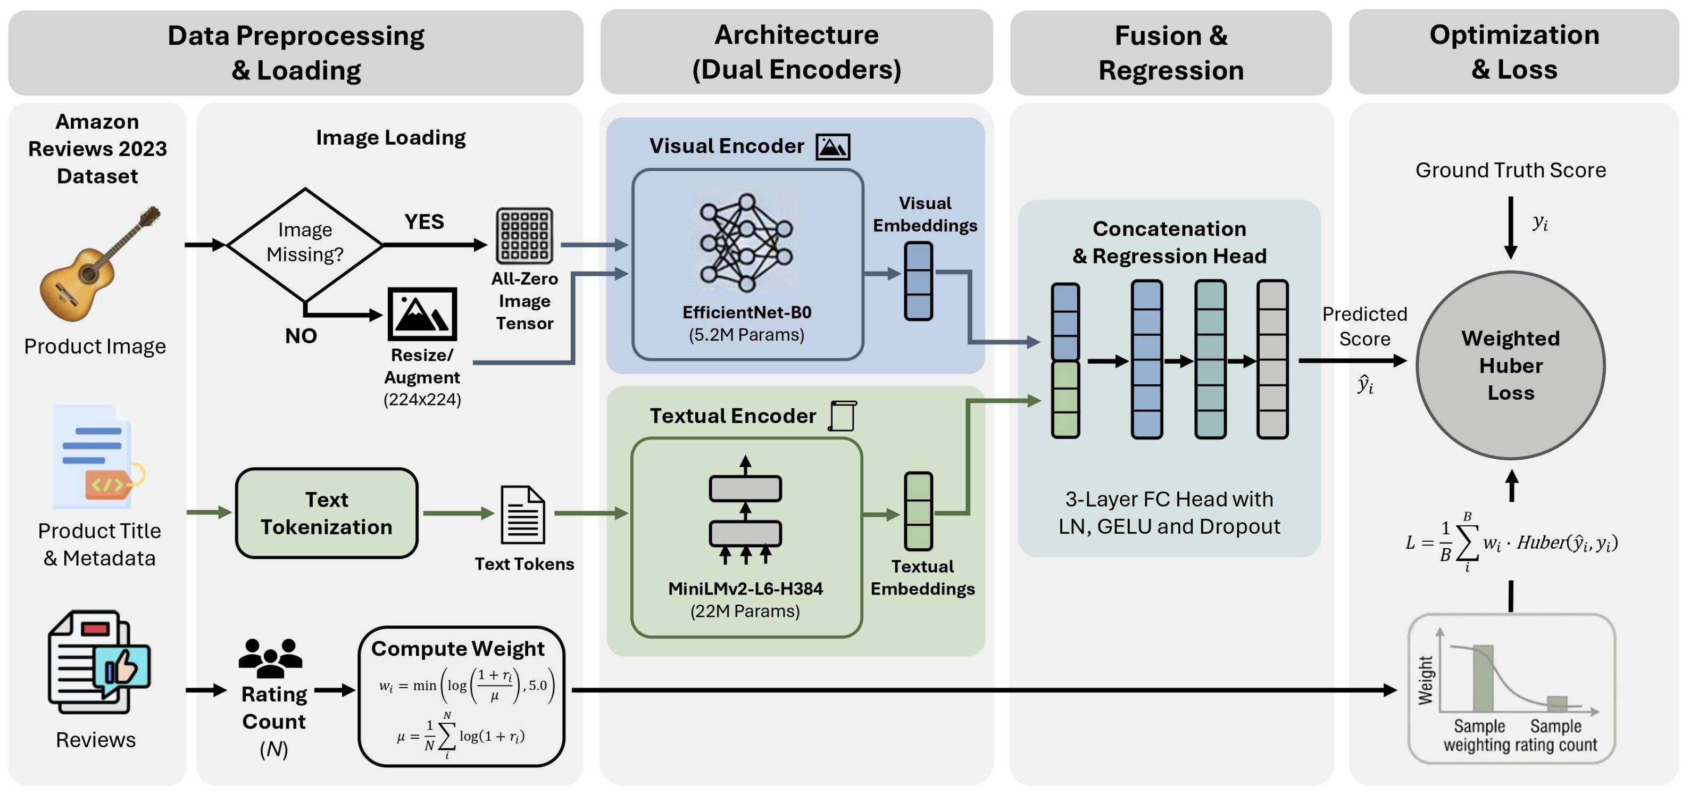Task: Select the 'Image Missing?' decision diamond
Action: [x=304, y=244]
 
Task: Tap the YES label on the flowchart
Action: [x=424, y=222]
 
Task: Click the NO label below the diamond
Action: [x=301, y=336]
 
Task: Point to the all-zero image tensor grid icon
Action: [x=524, y=236]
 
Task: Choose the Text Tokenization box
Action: [x=327, y=514]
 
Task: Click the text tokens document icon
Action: [x=522, y=515]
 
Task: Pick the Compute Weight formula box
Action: [x=461, y=697]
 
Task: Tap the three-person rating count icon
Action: [x=270, y=658]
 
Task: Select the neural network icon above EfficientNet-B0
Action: [x=746, y=242]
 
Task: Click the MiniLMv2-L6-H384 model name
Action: [x=745, y=589]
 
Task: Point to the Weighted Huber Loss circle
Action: [x=1510, y=365]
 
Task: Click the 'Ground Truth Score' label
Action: [x=1510, y=170]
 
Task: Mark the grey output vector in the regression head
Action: [x=1272, y=359]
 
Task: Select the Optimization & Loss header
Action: [x=1513, y=52]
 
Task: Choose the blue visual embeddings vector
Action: [x=918, y=281]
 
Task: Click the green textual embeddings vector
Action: [x=918, y=511]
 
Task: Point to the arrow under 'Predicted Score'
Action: [x=1352, y=360]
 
